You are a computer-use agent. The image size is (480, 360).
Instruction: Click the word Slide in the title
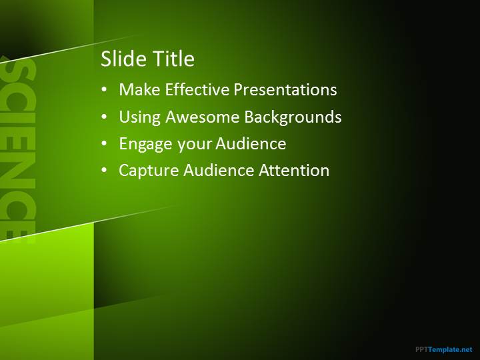coord(124,59)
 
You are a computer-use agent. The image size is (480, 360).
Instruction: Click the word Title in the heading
coord(173,59)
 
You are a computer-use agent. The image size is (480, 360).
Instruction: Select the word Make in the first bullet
coord(139,90)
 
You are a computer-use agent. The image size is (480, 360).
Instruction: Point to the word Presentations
coord(285,90)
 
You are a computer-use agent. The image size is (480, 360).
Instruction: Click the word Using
coord(139,117)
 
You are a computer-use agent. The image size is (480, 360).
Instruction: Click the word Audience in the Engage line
coord(251,143)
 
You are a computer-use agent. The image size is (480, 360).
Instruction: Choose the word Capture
coord(149,171)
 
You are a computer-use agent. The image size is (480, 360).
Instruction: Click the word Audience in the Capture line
coord(219,170)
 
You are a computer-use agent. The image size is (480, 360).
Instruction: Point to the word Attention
coord(294,170)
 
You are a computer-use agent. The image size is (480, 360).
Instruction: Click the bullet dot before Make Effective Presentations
coord(105,90)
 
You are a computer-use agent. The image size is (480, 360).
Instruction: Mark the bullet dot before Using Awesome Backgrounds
coord(105,117)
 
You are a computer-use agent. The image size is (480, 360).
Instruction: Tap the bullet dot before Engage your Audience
coord(105,143)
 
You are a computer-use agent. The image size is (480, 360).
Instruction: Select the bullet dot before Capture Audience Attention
coord(105,170)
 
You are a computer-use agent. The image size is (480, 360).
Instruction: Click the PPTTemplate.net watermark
coord(444,349)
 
